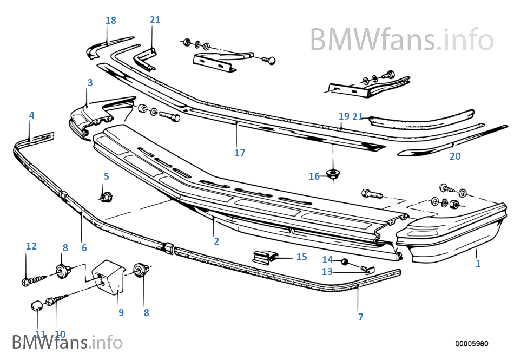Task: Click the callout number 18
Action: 111,21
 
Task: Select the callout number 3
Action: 90,83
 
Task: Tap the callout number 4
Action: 31,115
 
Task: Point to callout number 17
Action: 240,153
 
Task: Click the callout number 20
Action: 455,156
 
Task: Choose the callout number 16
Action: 314,176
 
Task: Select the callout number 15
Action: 301,257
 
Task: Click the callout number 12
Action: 31,246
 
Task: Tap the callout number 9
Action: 121,312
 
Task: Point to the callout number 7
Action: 360,317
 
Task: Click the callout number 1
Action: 478,264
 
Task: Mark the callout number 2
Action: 216,241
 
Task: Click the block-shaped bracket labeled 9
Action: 110,276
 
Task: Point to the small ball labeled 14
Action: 344,263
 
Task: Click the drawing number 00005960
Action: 471,344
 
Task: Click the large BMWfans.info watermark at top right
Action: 401,39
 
